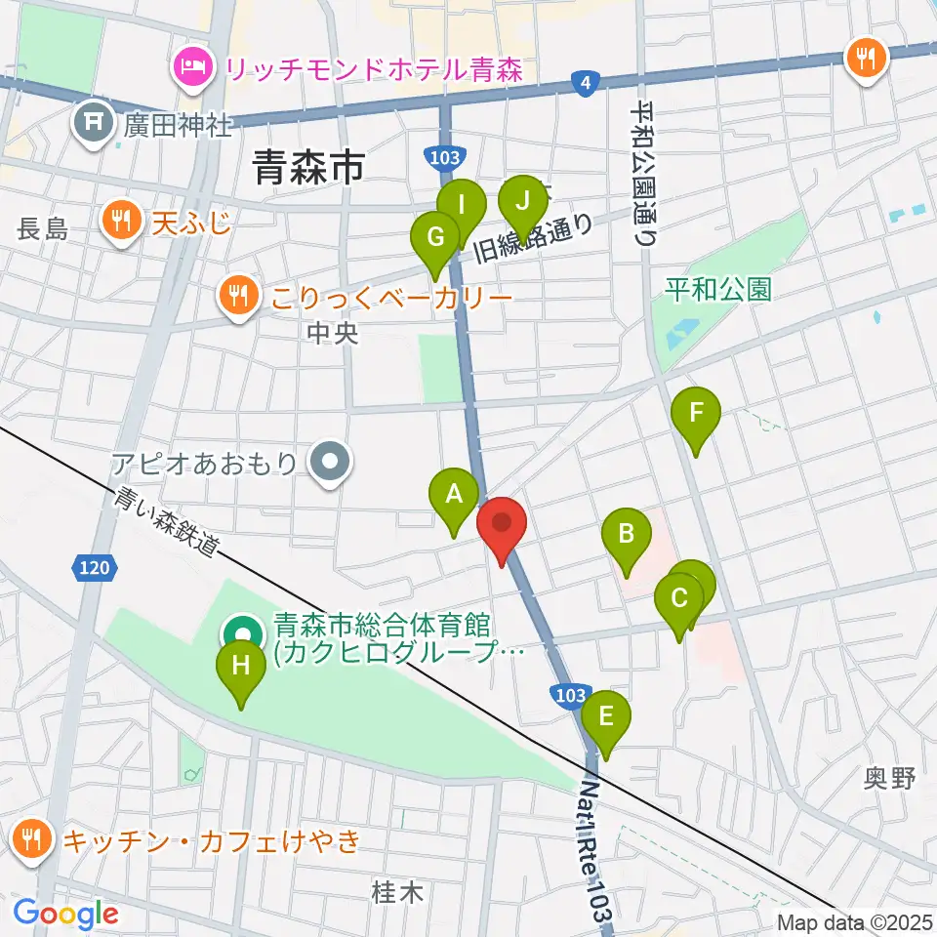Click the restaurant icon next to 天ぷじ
point(121,221)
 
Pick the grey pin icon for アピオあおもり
point(331,461)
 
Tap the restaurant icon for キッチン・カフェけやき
point(33,838)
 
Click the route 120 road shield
point(95,566)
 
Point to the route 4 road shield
point(584,85)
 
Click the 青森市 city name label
point(308,167)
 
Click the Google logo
point(65,914)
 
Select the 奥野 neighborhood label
point(890,778)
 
